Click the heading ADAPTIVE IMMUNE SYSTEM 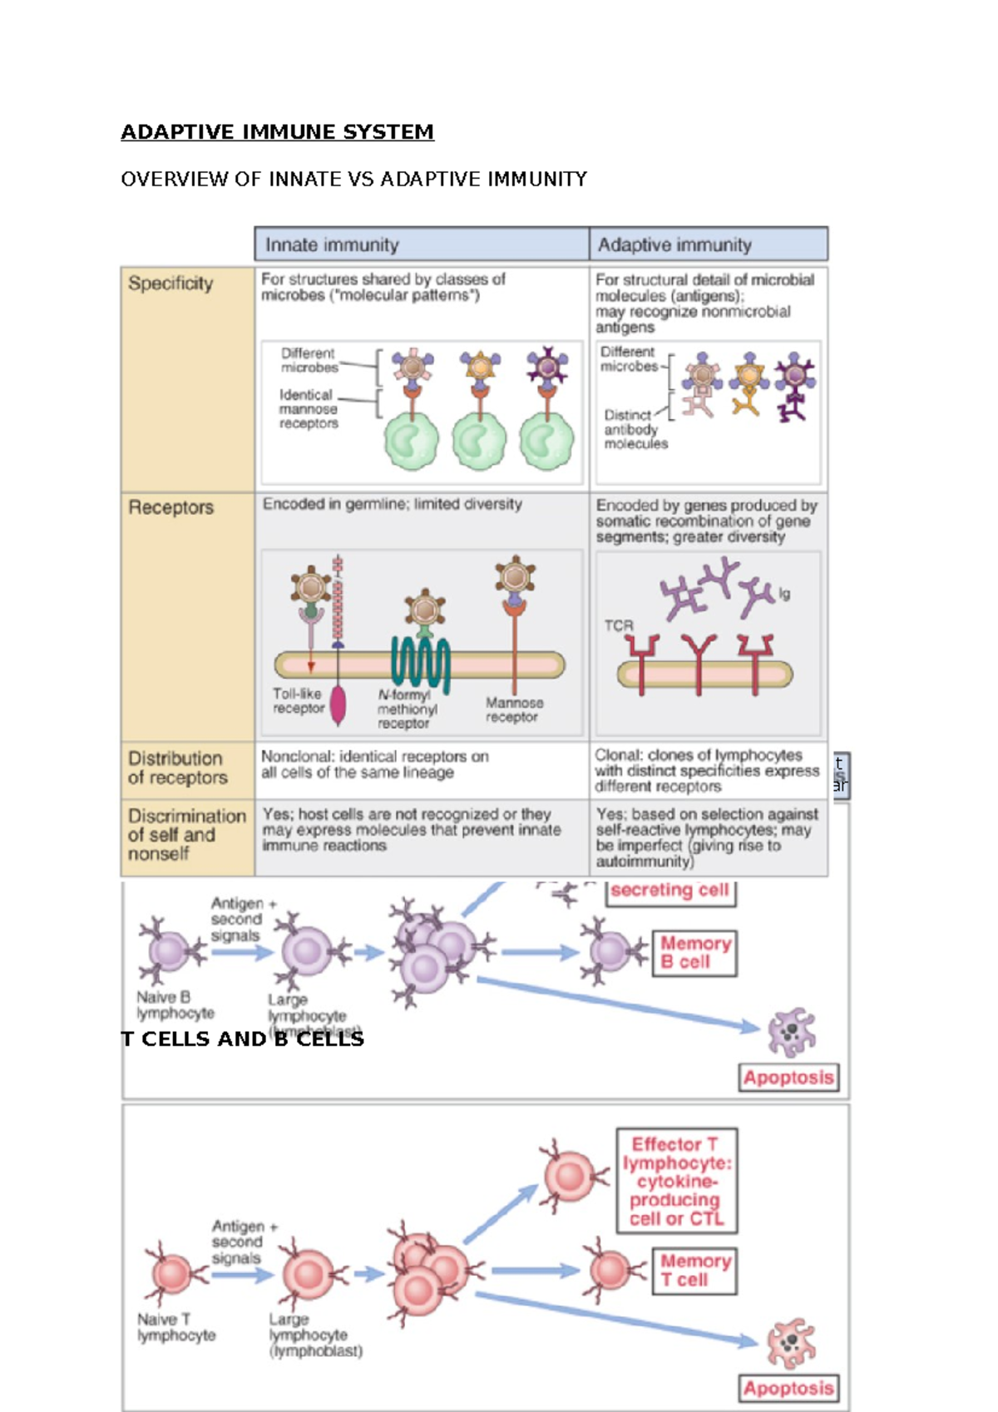click(x=277, y=132)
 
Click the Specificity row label click(x=170, y=284)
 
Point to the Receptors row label click(x=170, y=507)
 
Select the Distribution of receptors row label click(x=177, y=768)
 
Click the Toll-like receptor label click(x=298, y=701)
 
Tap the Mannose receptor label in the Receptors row click(x=513, y=710)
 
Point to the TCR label click(x=618, y=625)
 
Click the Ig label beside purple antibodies click(x=784, y=594)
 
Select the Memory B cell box click(x=694, y=953)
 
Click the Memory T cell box click(x=694, y=1271)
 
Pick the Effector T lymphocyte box click(x=676, y=1181)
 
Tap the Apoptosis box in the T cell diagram click(x=788, y=1388)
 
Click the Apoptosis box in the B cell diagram click(x=788, y=1078)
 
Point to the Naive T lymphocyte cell click(x=173, y=1273)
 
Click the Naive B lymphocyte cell click(x=170, y=950)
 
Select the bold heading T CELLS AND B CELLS click(x=242, y=1039)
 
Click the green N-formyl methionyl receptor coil click(x=421, y=663)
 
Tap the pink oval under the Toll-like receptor click(x=338, y=705)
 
